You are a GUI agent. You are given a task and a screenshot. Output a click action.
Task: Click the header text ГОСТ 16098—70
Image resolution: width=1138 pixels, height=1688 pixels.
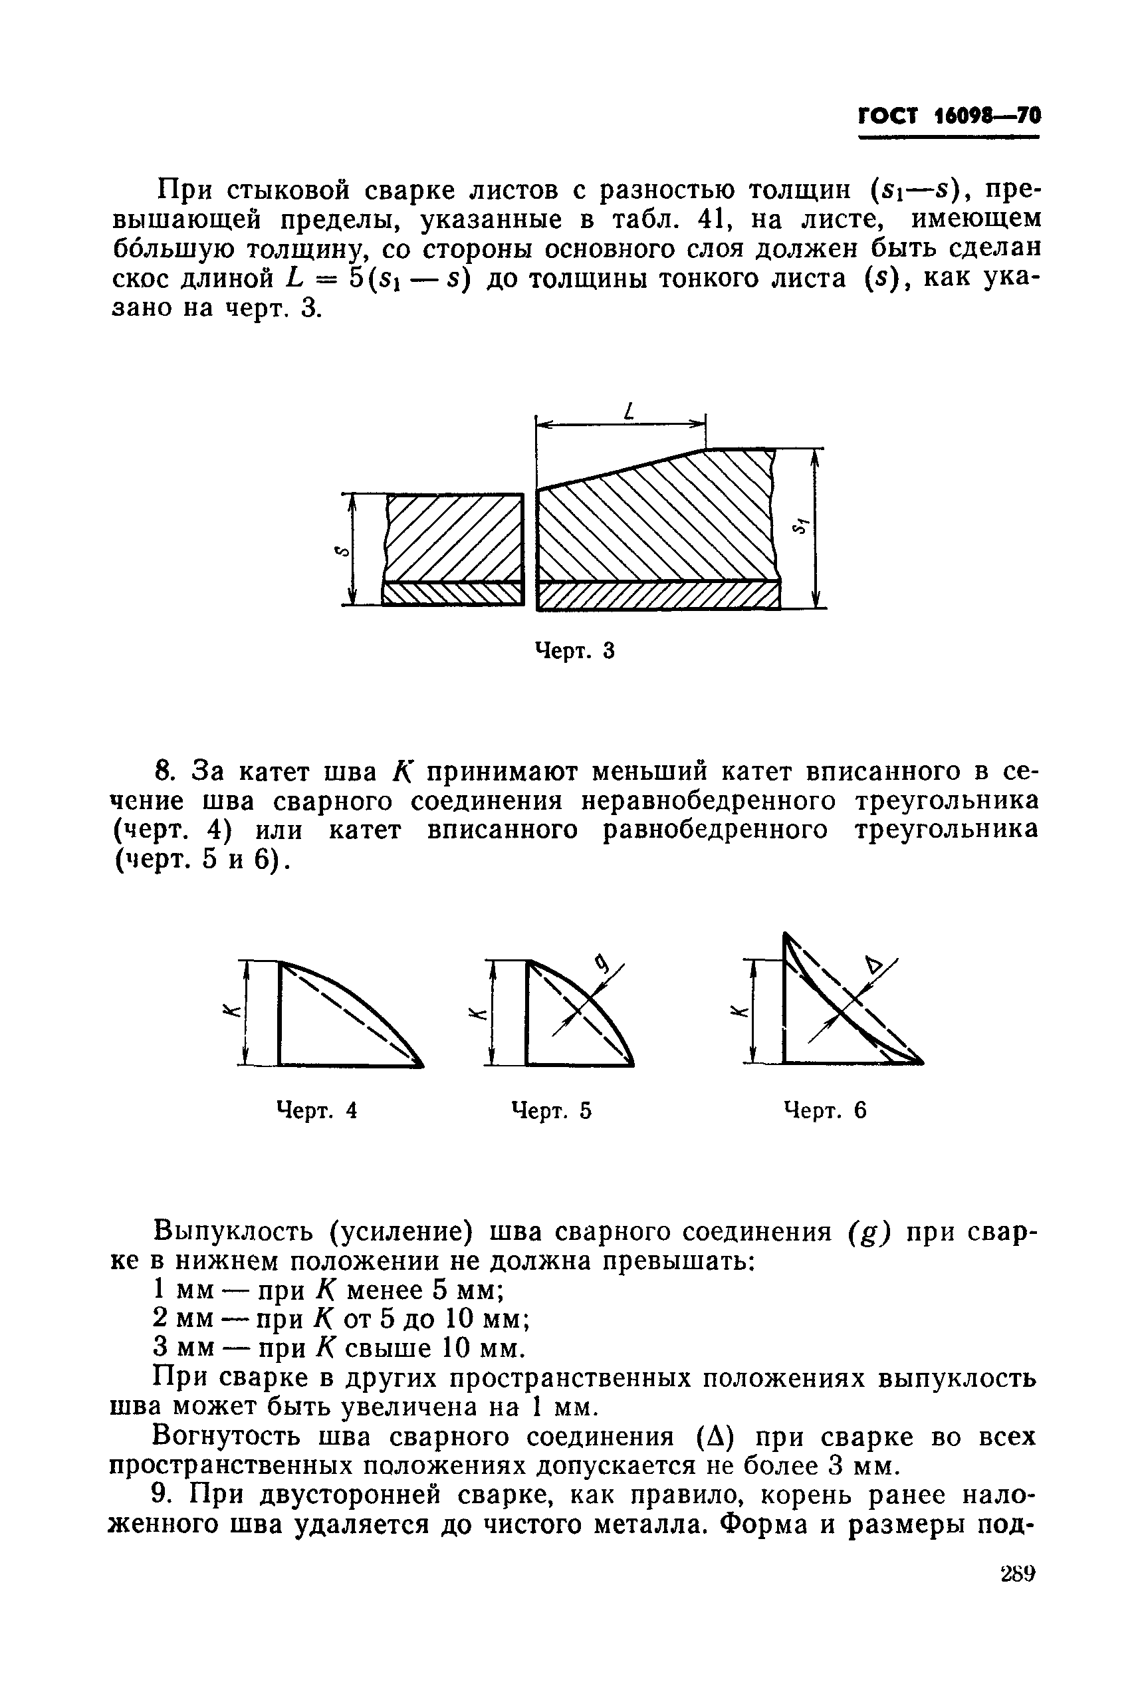point(949,116)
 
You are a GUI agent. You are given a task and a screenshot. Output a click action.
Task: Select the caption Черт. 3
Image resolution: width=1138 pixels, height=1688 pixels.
point(574,651)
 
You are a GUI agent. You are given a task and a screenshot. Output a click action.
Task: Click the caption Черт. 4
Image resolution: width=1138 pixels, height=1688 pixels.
point(317,1110)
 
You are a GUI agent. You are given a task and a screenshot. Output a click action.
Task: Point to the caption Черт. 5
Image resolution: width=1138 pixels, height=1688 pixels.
point(552,1110)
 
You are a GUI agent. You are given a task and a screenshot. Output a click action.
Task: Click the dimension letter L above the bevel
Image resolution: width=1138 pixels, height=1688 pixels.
point(629,412)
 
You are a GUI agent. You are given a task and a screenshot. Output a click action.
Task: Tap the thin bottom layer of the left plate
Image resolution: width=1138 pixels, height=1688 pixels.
point(452,594)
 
